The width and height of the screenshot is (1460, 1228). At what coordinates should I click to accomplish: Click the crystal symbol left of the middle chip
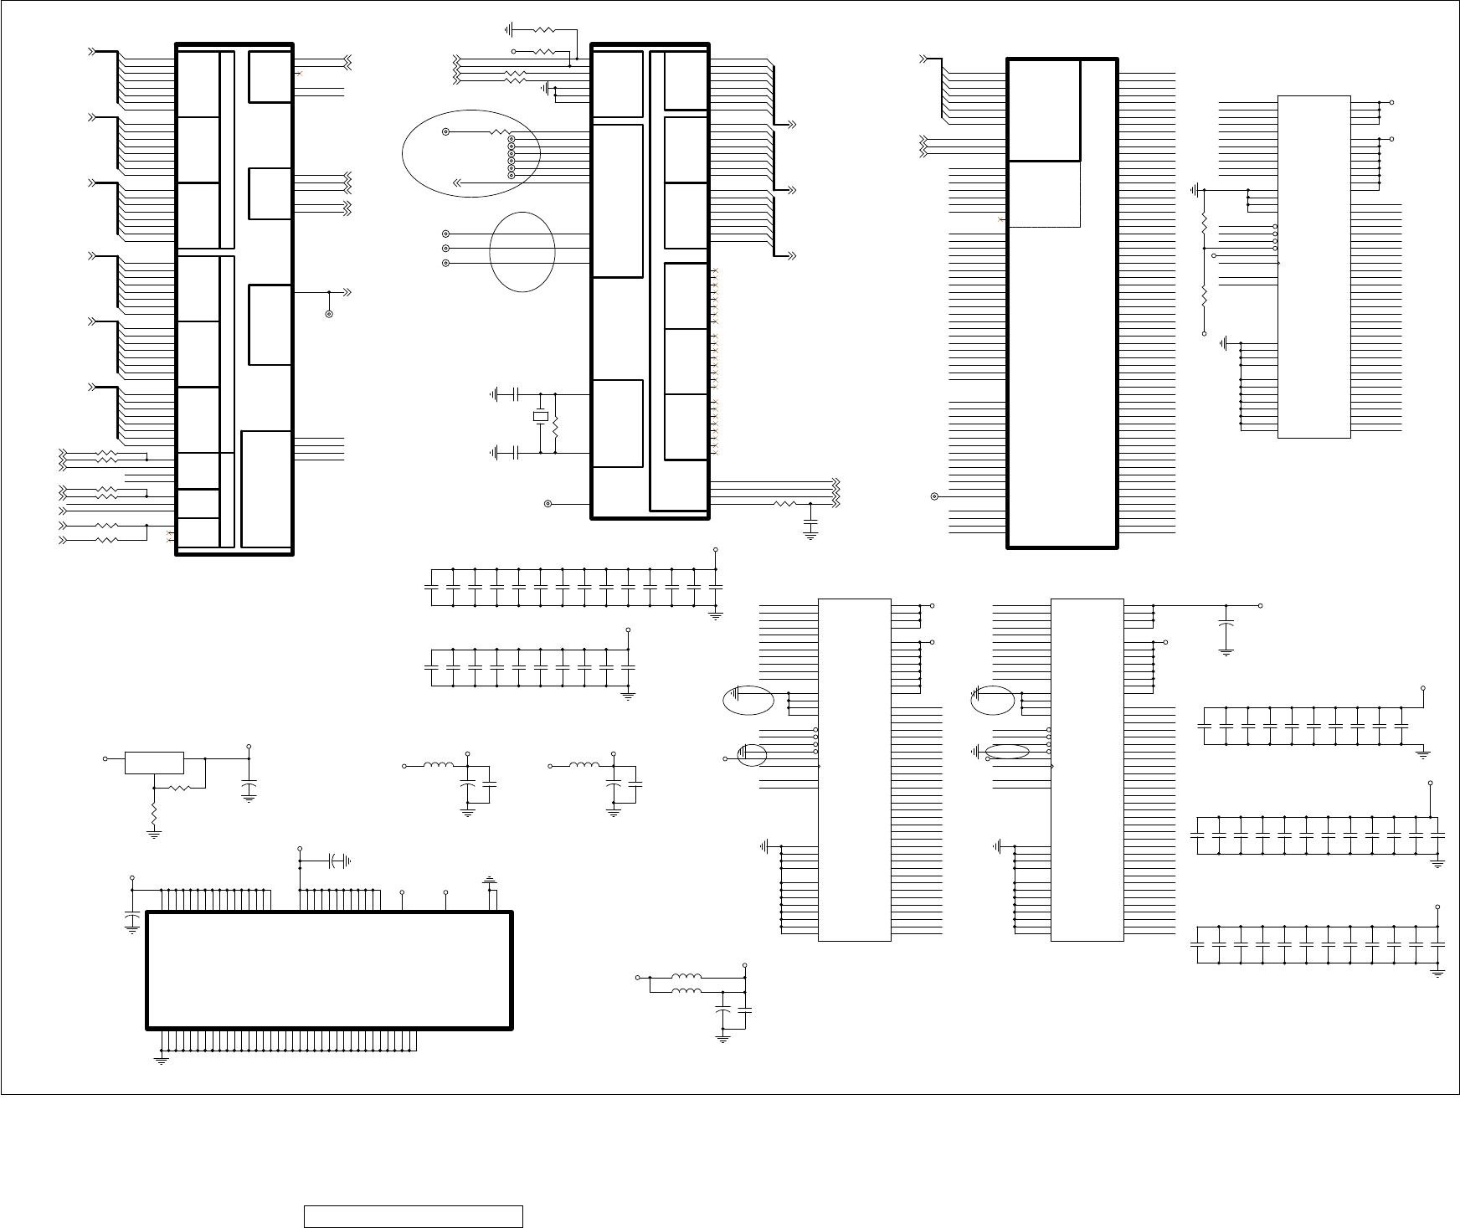coord(541,417)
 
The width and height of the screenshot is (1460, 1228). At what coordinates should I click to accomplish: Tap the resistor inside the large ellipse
coord(499,132)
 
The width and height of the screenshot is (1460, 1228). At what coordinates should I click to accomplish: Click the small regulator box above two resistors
coord(154,763)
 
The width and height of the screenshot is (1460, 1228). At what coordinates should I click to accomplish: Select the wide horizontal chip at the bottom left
coord(329,970)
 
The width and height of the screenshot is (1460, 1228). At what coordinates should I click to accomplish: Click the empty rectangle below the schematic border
coord(413,1216)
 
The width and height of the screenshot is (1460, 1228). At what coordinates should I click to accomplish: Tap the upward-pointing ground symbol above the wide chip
coord(489,881)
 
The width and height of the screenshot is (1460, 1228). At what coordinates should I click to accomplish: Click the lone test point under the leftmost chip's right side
coord(329,314)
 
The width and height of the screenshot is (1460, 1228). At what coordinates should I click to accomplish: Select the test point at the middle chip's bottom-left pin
coord(548,504)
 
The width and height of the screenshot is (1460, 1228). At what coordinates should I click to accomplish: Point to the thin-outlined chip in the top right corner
coord(1313,266)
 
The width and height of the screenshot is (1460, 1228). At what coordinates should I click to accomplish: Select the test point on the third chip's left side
coord(934,496)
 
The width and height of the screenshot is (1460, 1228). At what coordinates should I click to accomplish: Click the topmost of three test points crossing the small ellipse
coord(445,234)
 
